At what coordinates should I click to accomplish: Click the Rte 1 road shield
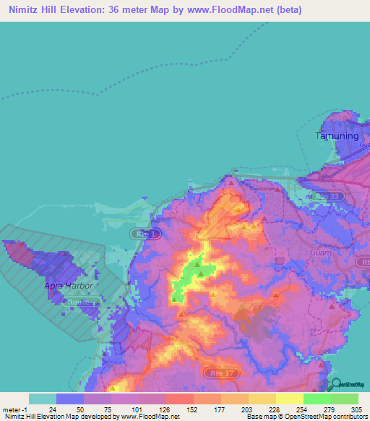click(x=141, y=234)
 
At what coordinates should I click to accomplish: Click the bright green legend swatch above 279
click(x=317, y=399)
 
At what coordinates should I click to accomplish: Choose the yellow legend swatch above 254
click(x=289, y=399)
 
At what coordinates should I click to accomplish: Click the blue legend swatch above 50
click(x=70, y=399)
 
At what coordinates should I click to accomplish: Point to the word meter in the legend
click(x=11, y=409)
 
